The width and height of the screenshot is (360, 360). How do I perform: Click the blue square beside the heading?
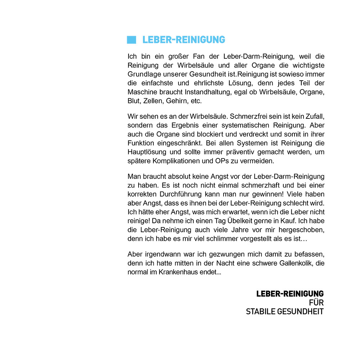[x=131, y=40]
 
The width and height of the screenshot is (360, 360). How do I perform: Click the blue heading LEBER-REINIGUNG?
[x=184, y=40]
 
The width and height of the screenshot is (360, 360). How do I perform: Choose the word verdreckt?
[x=241, y=134]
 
